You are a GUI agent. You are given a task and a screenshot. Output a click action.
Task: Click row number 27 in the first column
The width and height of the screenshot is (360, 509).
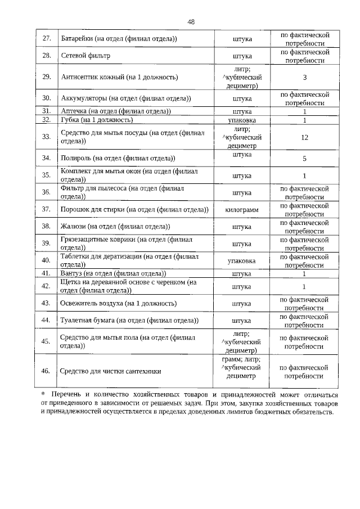click(x=47, y=39)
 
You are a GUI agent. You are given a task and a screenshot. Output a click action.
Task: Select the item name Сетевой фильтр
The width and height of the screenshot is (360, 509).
click(x=85, y=56)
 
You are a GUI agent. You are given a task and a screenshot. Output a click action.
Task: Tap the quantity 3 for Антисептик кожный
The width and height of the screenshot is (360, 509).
click(x=304, y=76)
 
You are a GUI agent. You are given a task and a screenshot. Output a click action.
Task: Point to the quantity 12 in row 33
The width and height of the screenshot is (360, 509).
click(x=304, y=137)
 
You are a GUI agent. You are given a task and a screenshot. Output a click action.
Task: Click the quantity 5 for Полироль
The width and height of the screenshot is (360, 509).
click(x=304, y=159)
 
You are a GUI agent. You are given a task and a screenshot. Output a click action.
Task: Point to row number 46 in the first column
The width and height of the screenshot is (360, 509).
click(x=47, y=371)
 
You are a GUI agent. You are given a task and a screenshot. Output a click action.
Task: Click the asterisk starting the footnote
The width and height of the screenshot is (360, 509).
click(x=43, y=392)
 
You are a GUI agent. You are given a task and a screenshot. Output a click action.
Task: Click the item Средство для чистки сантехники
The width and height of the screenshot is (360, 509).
click(x=110, y=371)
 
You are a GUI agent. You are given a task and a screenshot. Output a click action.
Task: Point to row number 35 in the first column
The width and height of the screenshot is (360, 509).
click(x=47, y=175)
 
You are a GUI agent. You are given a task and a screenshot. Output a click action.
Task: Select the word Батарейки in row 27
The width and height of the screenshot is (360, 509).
click(x=77, y=39)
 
